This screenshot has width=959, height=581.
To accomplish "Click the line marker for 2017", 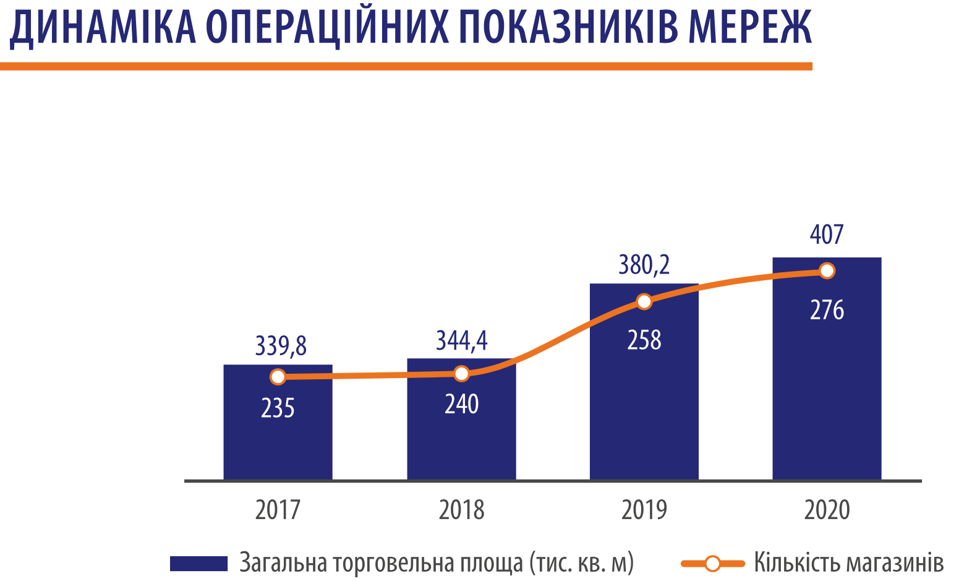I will click(x=278, y=376).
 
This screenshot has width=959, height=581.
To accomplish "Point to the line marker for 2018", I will click(x=461, y=373).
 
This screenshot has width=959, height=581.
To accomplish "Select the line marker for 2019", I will click(x=644, y=301).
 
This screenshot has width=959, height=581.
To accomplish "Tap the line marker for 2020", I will click(x=827, y=270).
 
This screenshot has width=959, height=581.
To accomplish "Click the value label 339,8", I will click(x=281, y=346).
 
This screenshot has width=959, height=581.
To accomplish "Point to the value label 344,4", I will click(x=462, y=340).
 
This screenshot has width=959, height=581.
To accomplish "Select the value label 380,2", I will click(x=644, y=265).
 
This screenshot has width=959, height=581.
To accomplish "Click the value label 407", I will click(x=827, y=235).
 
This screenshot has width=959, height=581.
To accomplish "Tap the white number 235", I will click(x=278, y=408).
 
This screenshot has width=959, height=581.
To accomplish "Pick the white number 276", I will click(x=827, y=310).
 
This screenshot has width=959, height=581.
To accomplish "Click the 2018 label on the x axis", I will click(x=461, y=510).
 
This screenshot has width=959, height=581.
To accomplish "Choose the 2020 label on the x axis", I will click(x=827, y=510).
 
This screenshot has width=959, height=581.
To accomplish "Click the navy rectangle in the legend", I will click(x=199, y=563).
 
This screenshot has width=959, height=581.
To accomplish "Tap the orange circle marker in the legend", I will click(x=712, y=563).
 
